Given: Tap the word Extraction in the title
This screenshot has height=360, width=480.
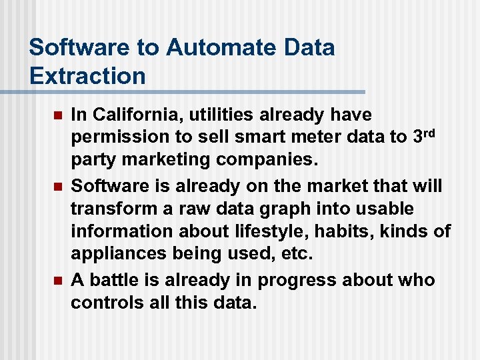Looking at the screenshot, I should point(87,76).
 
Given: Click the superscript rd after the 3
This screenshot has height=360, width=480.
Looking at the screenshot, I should point(432,133).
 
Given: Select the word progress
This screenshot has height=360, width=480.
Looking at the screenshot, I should point(291,279).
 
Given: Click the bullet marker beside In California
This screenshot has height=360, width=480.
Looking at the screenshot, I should point(57,116).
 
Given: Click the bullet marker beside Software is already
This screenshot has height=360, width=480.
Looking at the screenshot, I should point(57,186).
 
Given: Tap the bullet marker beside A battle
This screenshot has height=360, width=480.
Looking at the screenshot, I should point(57,280).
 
